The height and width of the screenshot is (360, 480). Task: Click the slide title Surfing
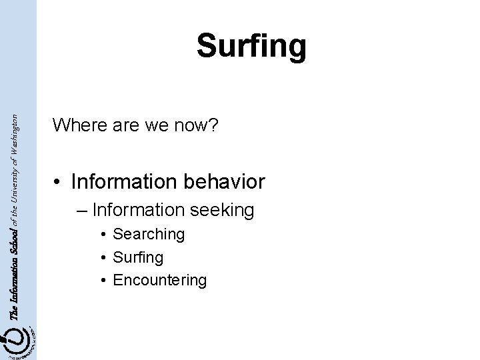pyautogui.click(x=251, y=47)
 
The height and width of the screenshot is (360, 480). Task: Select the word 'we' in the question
pyautogui.click(x=148, y=125)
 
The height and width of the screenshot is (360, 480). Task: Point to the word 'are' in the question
pyautogui.click(x=119, y=125)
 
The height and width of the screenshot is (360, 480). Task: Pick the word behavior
pyautogui.click(x=223, y=181)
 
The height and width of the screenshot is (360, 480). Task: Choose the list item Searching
pyautogui.click(x=149, y=234)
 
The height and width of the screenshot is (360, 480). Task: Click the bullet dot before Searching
pyautogui.click(x=105, y=235)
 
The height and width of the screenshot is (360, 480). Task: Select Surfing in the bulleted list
pyautogui.click(x=138, y=257)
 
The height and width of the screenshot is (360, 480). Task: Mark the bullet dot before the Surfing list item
pyautogui.click(x=105, y=257)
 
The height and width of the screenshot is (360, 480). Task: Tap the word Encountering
pyautogui.click(x=160, y=279)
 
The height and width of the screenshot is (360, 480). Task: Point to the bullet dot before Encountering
pyautogui.click(x=105, y=280)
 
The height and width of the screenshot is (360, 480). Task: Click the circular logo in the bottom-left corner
pyautogui.click(x=18, y=341)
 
